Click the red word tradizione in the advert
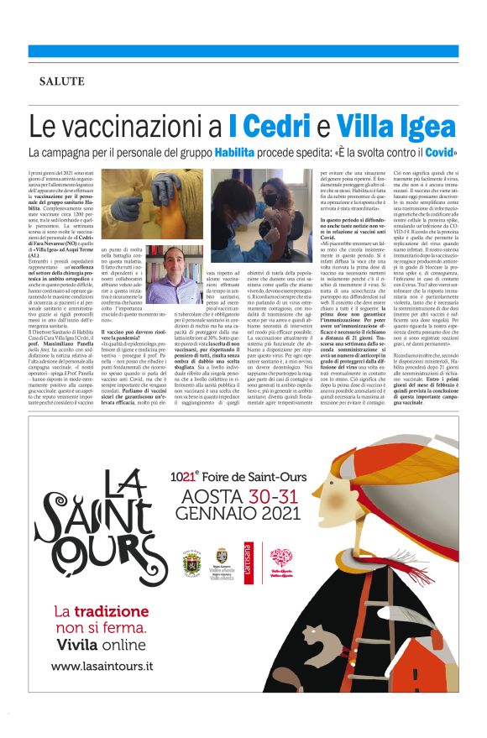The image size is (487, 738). coord(117,610)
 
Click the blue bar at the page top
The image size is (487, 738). coord(243,51)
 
